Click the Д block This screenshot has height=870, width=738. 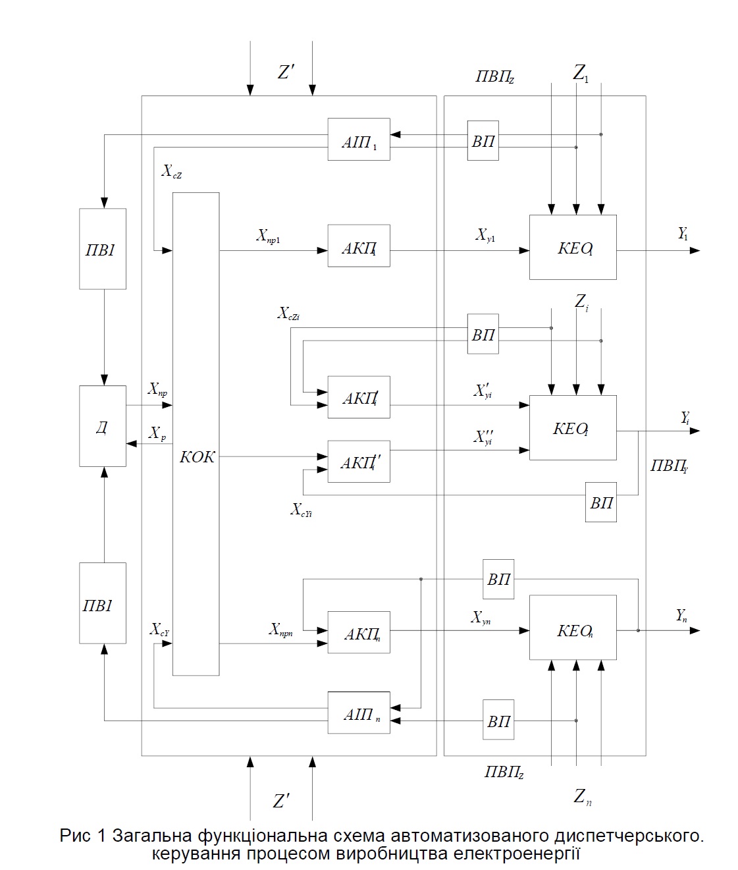point(103,426)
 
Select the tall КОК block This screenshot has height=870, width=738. point(196,433)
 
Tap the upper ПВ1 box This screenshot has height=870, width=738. point(103,249)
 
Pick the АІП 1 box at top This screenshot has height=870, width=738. point(359,140)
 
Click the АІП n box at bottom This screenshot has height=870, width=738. point(359,713)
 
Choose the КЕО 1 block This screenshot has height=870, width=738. point(573,247)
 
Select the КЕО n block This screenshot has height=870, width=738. point(573,628)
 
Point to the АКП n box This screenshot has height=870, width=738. point(359,632)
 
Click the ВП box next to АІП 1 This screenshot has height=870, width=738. point(483,140)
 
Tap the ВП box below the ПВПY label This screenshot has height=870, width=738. point(601,503)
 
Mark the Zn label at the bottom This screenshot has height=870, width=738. point(583,798)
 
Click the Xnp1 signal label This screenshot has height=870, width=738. point(268,236)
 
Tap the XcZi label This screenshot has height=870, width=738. point(289,313)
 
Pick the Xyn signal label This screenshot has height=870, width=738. point(481,617)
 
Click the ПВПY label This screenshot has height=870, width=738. point(669,466)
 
